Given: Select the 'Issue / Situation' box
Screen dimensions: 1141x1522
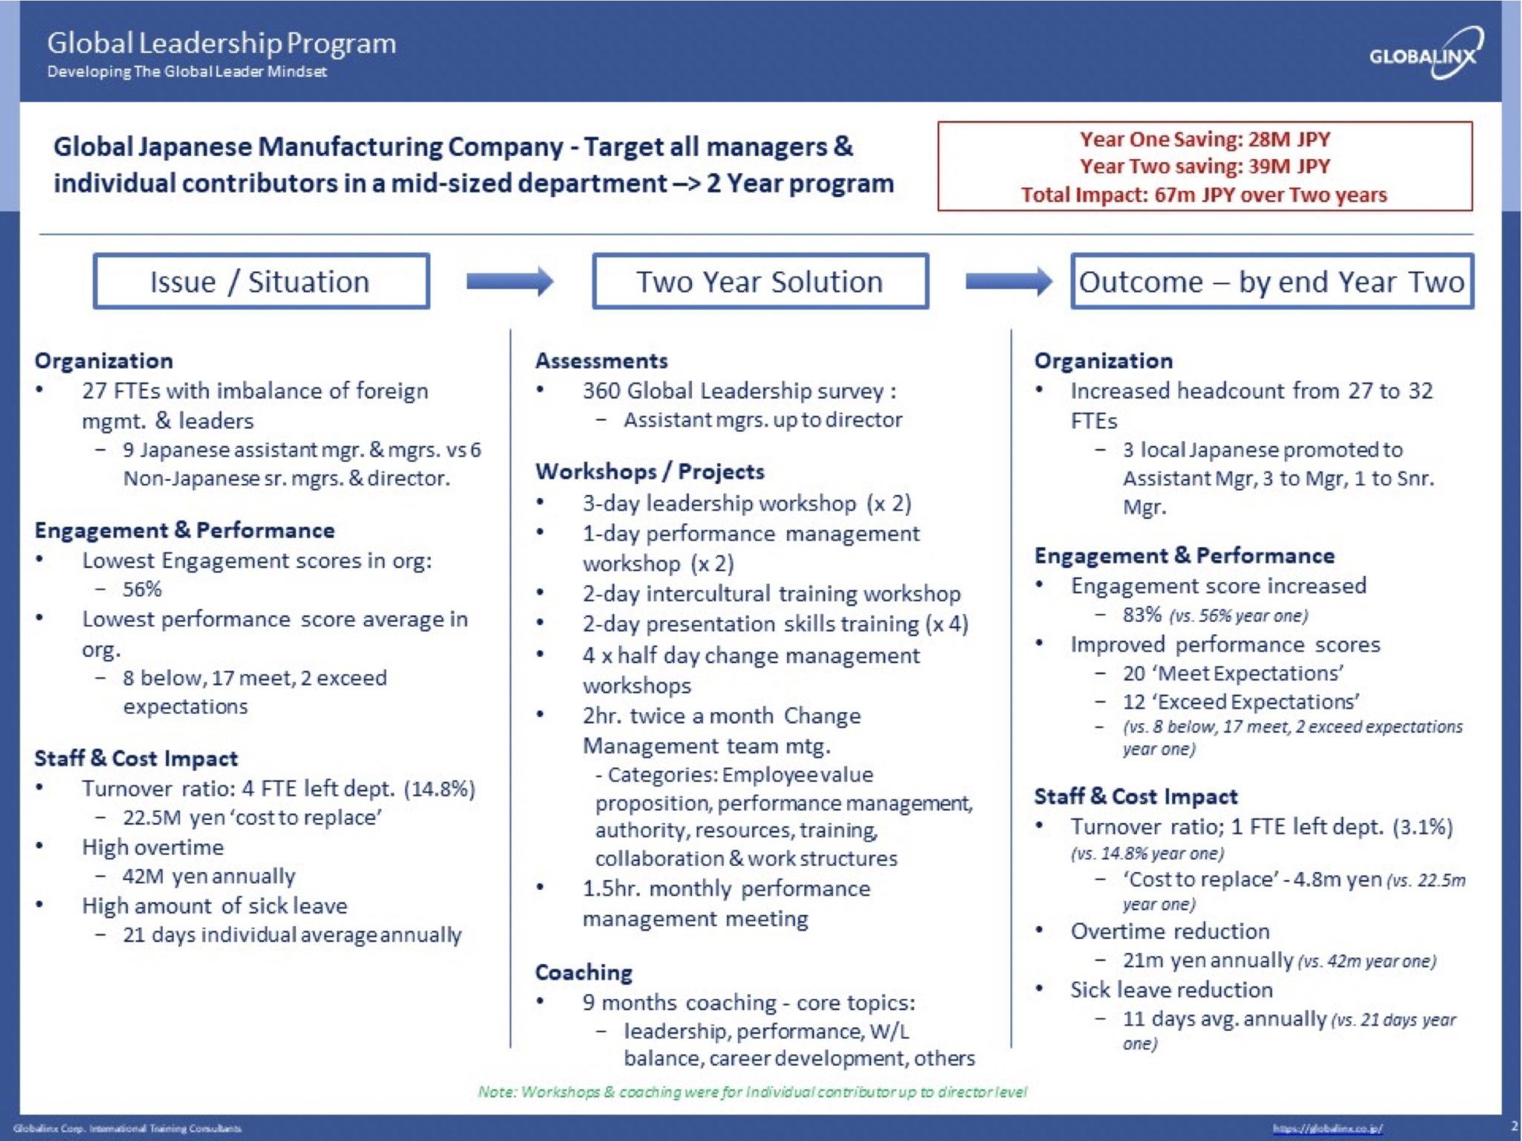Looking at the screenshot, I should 261,282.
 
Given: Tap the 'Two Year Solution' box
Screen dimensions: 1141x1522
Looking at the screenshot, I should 760,282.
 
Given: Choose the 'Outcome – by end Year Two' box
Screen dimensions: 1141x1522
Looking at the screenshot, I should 1271,282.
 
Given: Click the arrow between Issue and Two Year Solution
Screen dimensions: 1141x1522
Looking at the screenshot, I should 510,282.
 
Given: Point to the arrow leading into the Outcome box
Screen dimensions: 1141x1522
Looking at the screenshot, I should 1008,282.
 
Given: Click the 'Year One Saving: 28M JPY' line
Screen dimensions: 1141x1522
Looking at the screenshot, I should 1204,139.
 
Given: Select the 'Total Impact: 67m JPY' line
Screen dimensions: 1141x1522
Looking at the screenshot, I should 1204,195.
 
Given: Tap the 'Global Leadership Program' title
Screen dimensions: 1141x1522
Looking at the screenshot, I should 221,43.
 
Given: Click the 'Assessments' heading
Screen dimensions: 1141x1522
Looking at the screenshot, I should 601,361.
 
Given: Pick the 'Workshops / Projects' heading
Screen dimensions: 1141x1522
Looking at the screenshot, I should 650,471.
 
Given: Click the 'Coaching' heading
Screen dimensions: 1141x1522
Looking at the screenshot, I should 583,972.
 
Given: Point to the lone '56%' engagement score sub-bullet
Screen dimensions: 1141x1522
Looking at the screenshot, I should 142,589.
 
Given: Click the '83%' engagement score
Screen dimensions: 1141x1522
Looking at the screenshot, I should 1142,615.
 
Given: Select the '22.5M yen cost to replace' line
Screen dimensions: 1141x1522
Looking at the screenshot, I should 252,818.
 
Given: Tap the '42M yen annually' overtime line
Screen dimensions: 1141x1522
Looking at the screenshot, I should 209,876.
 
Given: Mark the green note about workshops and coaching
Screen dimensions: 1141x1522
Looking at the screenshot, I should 752,1091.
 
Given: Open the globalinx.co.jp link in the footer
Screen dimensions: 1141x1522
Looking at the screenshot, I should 1327,1128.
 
